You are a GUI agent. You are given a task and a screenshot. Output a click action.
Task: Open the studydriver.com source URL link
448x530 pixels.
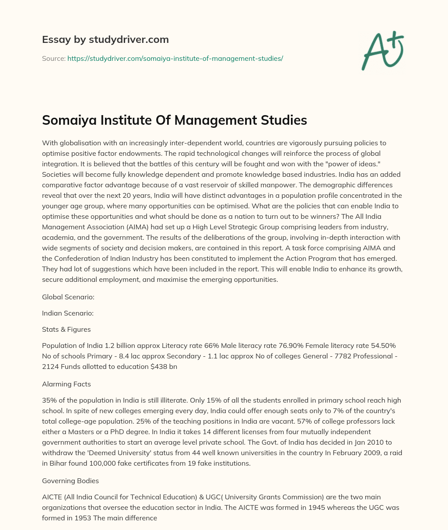point(175,58)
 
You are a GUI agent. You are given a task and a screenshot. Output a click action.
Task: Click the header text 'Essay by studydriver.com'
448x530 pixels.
point(105,39)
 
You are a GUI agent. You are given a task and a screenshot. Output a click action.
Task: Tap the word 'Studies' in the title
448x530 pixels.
point(285,120)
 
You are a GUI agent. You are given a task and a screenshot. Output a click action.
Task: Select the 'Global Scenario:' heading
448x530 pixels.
point(68,297)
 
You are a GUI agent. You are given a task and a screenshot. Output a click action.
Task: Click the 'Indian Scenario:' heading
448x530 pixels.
point(68,313)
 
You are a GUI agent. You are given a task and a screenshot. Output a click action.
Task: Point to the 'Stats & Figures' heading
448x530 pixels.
point(66,329)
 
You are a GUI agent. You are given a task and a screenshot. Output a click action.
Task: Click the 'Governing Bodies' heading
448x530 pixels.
point(70,481)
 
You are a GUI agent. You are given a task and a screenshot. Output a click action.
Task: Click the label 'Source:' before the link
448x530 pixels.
point(53,58)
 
